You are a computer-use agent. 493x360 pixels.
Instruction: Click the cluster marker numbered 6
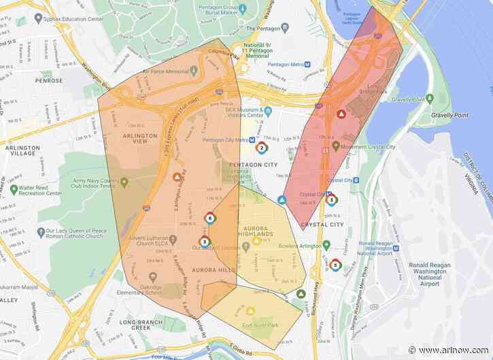point(209,218)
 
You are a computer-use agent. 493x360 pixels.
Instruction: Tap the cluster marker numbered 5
point(335,265)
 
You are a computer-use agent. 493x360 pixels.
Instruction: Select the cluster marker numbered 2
point(261,148)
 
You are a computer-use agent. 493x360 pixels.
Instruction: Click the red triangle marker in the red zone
point(341,114)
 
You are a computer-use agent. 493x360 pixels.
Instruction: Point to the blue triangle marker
point(282,201)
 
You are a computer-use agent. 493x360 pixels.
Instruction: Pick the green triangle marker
point(301,293)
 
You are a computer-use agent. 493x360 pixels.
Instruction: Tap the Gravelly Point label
point(449,116)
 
